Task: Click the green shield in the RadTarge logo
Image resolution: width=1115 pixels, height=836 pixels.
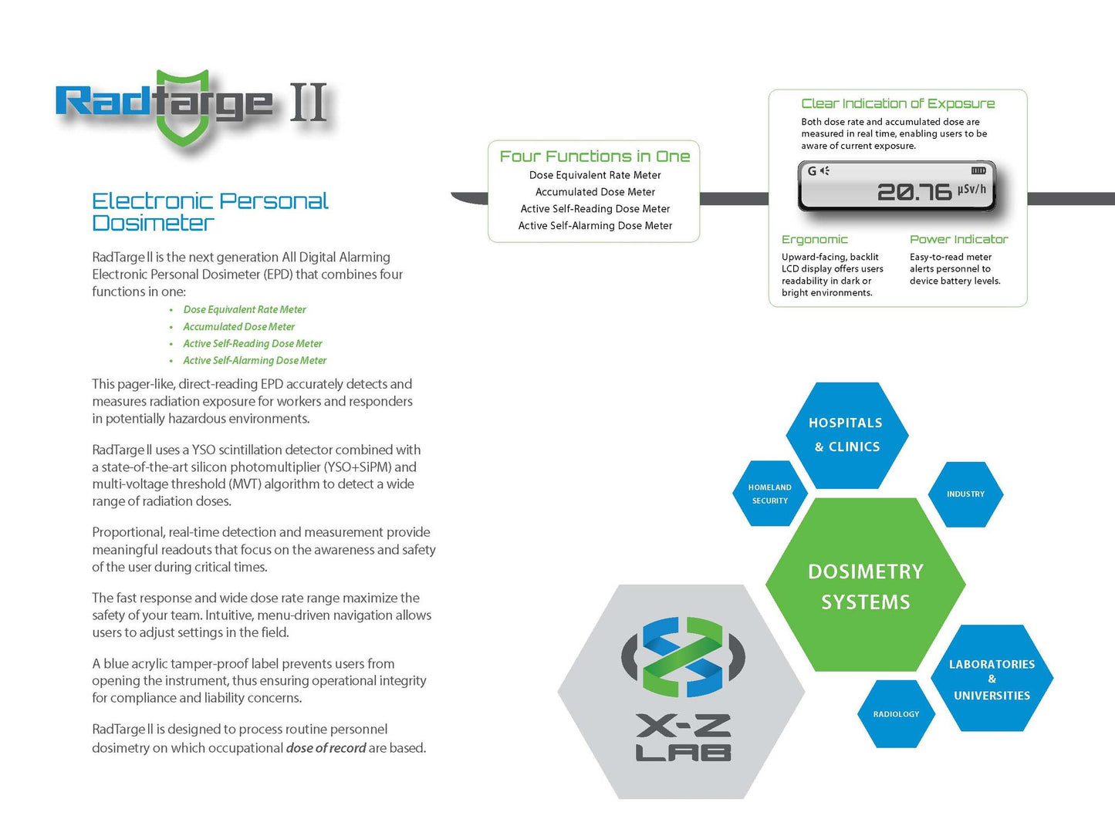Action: tap(182, 108)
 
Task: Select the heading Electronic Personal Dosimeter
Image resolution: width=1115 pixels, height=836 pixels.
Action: tap(209, 212)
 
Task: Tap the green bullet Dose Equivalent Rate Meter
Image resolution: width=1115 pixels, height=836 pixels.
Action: tap(244, 309)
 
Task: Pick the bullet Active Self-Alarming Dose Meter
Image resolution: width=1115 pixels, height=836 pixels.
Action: tap(254, 360)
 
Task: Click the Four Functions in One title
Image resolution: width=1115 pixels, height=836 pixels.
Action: tap(594, 157)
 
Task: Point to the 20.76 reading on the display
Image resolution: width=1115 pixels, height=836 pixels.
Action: tap(914, 192)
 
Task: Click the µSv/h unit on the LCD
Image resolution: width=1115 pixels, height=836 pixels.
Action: tap(971, 189)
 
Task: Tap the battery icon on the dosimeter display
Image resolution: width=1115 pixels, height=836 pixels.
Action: tap(978, 170)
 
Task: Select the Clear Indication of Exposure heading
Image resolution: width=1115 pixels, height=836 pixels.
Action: tap(897, 103)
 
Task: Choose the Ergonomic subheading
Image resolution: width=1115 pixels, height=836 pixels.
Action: tap(814, 240)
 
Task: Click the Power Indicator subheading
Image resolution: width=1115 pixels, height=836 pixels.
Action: tap(958, 240)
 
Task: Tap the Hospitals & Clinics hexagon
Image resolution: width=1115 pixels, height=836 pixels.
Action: tap(846, 435)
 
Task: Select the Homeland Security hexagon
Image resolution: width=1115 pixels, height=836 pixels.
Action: tap(769, 494)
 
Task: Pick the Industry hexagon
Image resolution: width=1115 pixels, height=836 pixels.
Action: tap(965, 494)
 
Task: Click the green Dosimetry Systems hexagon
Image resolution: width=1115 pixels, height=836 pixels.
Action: tap(865, 586)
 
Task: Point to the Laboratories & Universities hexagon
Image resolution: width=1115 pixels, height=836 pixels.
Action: tap(992, 679)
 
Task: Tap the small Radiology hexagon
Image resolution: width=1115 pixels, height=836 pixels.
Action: tap(896, 714)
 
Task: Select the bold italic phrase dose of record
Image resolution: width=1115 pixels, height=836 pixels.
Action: tap(326, 748)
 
